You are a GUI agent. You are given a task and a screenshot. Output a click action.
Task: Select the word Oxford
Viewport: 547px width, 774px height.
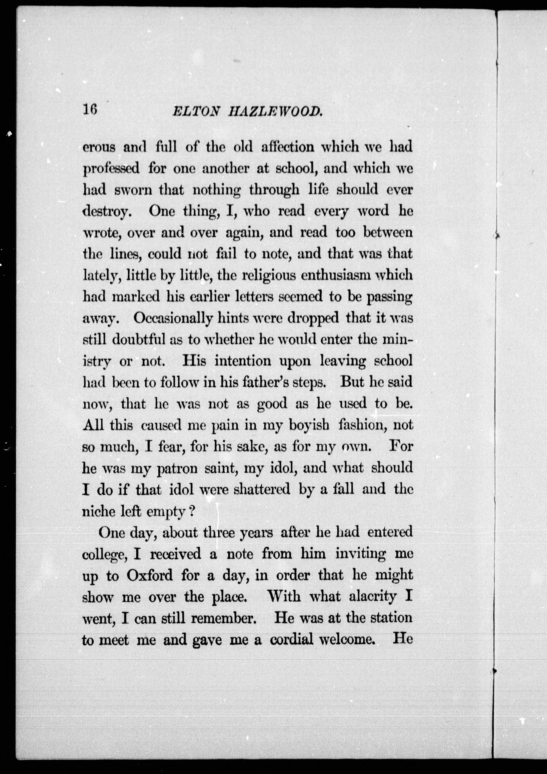pos(149,575)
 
